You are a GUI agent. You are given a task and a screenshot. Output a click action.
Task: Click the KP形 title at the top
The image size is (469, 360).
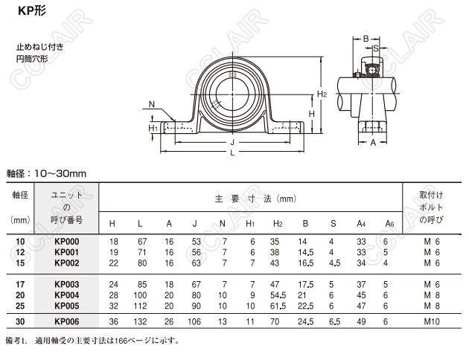pyautogui.click(x=32, y=10)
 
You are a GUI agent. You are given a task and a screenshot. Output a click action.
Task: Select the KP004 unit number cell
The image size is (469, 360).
pyautogui.click(x=67, y=295)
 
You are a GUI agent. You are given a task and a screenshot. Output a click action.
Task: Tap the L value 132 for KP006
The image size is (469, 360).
pyautogui.click(x=140, y=321)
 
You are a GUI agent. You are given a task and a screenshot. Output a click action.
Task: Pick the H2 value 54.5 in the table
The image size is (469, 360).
pyautogui.click(x=278, y=295)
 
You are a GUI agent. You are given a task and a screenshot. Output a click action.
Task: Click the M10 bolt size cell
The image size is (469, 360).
pyautogui.click(x=432, y=321)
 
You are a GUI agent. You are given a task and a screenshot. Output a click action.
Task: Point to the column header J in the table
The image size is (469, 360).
pyautogui.click(x=195, y=223)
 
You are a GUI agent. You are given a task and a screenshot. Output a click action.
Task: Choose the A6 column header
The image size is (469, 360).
pyautogui.click(x=389, y=223)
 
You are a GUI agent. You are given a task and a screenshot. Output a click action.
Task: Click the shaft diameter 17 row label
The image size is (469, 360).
pyautogui.click(x=20, y=284)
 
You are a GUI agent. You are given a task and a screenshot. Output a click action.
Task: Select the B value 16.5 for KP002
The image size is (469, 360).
pyautogui.click(x=306, y=263)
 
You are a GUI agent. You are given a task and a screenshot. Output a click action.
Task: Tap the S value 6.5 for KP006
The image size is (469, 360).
pyautogui.click(x=334, y=321)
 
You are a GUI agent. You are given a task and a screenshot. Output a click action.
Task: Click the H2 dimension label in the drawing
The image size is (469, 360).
pyautogui.click(x=322, y=94)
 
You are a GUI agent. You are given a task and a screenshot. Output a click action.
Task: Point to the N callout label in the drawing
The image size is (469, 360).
pyautogui.click(x=152, y=104)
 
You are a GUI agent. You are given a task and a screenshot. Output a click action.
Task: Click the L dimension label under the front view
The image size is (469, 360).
pyautogui.click(x=232, y=152)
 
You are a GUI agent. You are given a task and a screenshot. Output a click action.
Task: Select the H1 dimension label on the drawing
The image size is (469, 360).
pyautogui.click(x=153, y=128)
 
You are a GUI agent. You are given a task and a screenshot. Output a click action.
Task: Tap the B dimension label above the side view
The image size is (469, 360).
pyautogui.click(x=366, y=39)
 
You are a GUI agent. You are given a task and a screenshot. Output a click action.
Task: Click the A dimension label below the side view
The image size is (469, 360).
pyautogui.click(x=373, y=143)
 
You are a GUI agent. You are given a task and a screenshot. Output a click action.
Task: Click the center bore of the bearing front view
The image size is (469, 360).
pyautogui.click(x=232, y=94)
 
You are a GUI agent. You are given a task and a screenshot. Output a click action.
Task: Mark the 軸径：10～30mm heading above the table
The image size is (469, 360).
pyautogui.click(x=46, y=173)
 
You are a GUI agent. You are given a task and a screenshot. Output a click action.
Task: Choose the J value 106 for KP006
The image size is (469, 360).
pyautogui.click(x=194, y=321)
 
